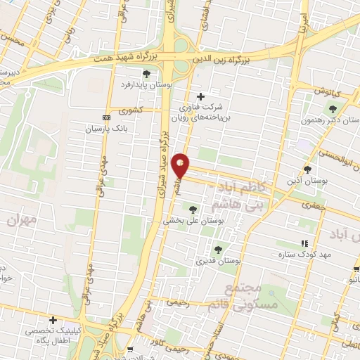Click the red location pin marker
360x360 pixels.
[x=181, y=165]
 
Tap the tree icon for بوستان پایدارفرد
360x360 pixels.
[x=146, y=73]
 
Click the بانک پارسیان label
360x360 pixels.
[x=104, y=129]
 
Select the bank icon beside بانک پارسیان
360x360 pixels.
[x=106, y=117]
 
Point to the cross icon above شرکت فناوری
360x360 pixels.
[x=200, y=96]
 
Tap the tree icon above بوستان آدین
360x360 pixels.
[x=307, y=169]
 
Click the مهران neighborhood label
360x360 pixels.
[x=20, y=219]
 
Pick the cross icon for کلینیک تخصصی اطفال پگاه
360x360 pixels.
[x=53, y=319]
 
